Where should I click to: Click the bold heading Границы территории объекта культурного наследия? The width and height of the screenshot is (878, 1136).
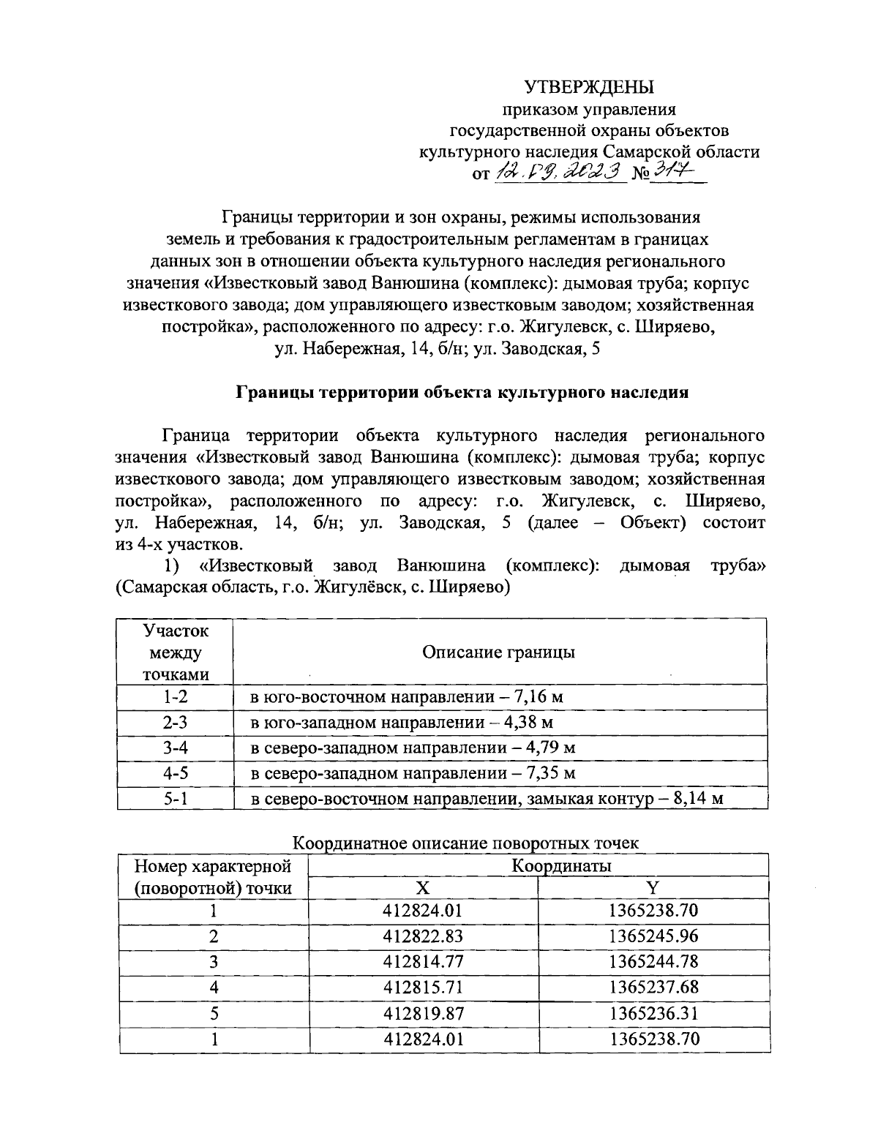pos(462,392)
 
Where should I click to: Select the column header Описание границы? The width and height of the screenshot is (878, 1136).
pos(498,652)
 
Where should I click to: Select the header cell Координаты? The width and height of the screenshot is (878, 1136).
pos(561,865)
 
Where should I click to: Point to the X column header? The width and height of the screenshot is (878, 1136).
pos(423,887)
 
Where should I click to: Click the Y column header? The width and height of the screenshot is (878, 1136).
pos(653,887)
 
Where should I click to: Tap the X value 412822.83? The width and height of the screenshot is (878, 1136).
pos(423,936)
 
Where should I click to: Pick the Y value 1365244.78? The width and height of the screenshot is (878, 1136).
pos(653,961)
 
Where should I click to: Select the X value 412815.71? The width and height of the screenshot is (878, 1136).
pos(423,987)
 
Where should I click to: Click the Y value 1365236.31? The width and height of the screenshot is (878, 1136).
pos(653,1013)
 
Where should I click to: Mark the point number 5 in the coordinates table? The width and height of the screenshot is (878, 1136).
pos(214,1013)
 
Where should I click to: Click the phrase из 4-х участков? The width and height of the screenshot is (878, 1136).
pos(179,545)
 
